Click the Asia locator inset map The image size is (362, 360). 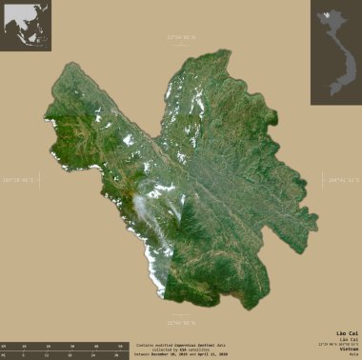26,26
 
